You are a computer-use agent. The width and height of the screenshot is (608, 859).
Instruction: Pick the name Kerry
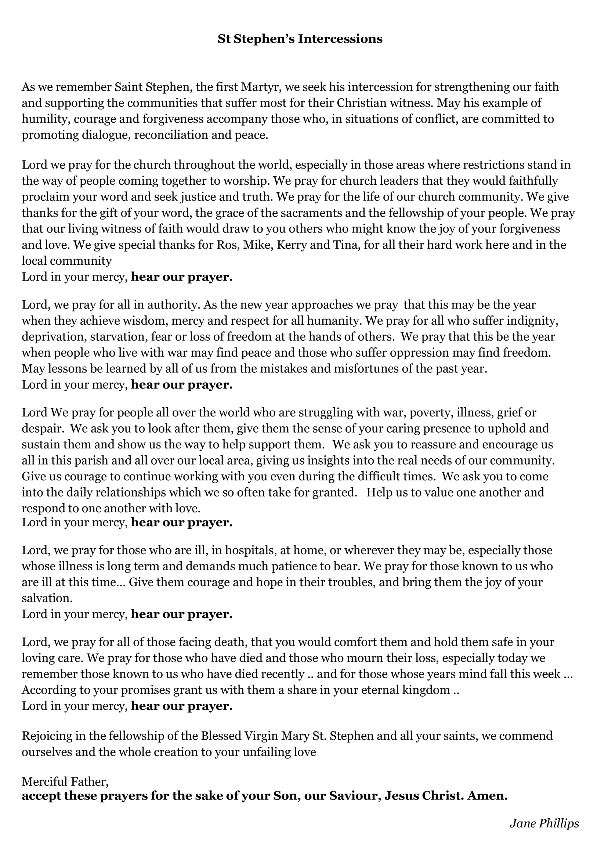coord(291,245)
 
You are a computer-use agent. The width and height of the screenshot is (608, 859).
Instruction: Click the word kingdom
coord(426,690)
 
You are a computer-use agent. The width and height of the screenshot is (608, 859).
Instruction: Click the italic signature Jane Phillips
coord(544,823)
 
